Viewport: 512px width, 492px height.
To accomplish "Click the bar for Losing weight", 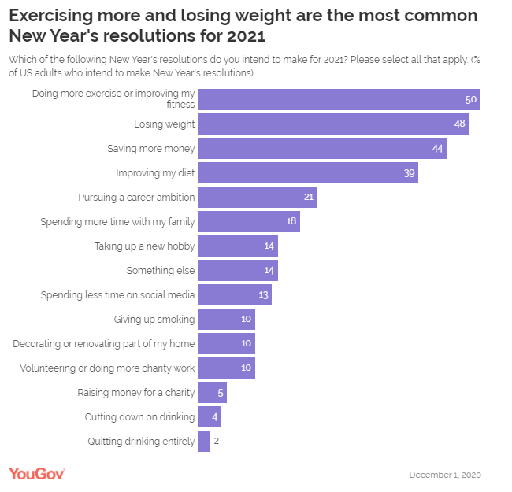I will (x=333, y=124).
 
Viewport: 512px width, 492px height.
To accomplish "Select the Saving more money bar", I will (x=322, y=148).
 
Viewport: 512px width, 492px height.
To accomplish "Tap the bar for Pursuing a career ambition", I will (x=258, y=197).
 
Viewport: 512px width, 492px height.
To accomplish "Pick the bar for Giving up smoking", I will (x=226, y=319).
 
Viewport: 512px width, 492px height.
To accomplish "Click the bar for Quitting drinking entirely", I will (x=204, y=441).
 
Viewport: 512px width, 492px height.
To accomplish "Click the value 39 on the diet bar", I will (x=410, y=172).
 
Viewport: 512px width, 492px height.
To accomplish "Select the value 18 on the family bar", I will (x=291, y=221).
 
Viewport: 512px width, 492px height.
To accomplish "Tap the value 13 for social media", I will (x=263, y=294).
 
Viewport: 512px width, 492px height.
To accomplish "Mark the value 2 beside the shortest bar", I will (x=216, y=441).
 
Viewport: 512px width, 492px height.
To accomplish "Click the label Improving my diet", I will (x=155, y=172).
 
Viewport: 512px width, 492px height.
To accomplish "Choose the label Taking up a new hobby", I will (x=144, y=246).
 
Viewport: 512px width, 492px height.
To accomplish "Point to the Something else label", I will (x=161, y=270).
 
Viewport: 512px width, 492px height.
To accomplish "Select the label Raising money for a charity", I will (x=135, y=392).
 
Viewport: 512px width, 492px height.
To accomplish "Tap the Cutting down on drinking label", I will (x=139, y=416).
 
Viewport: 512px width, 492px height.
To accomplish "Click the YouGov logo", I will (x=36, y=472).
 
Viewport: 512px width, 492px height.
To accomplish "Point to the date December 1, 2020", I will (x=445, y=475).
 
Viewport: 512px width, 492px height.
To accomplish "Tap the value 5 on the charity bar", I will (x=221, y=392).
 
